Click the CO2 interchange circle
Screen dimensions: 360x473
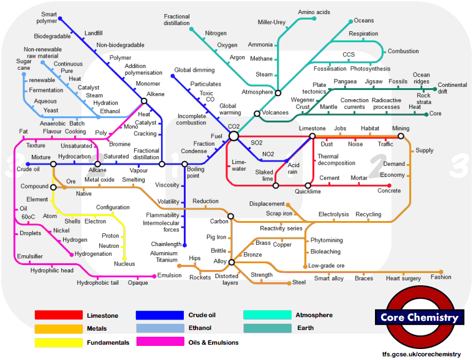coord(233,136)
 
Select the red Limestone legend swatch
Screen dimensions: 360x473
coord(58,315)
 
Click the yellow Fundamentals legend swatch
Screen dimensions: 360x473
coord(58,342)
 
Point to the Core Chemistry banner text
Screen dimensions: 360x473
coord(418,317)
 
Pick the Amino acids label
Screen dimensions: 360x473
coord(314,12)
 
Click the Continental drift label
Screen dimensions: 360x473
coord(452,88)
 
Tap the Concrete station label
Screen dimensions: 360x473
coord(389,191)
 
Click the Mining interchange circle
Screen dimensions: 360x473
coord(401,136)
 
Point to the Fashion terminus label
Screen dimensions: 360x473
coord(441,277)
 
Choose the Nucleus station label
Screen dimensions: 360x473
coord(124,264)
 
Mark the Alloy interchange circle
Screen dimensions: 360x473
coord(232,262)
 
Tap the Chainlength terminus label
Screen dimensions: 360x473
coord(166,244)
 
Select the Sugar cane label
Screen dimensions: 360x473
coord(24,65)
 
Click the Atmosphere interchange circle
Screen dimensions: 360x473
coord(278,92)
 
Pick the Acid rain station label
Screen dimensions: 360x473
coord(293,168)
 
